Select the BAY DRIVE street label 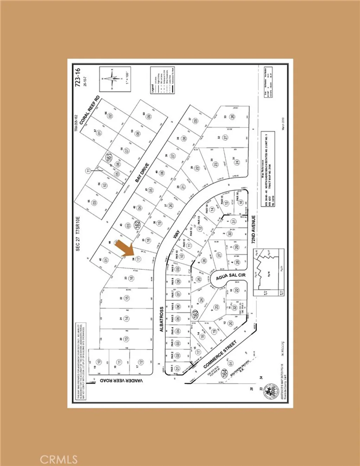tap(142, 173)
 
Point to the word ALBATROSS tap(162, 319)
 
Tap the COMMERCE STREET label tap(220, 354)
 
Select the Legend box tap(162, 79)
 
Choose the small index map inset tap(268, 269)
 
